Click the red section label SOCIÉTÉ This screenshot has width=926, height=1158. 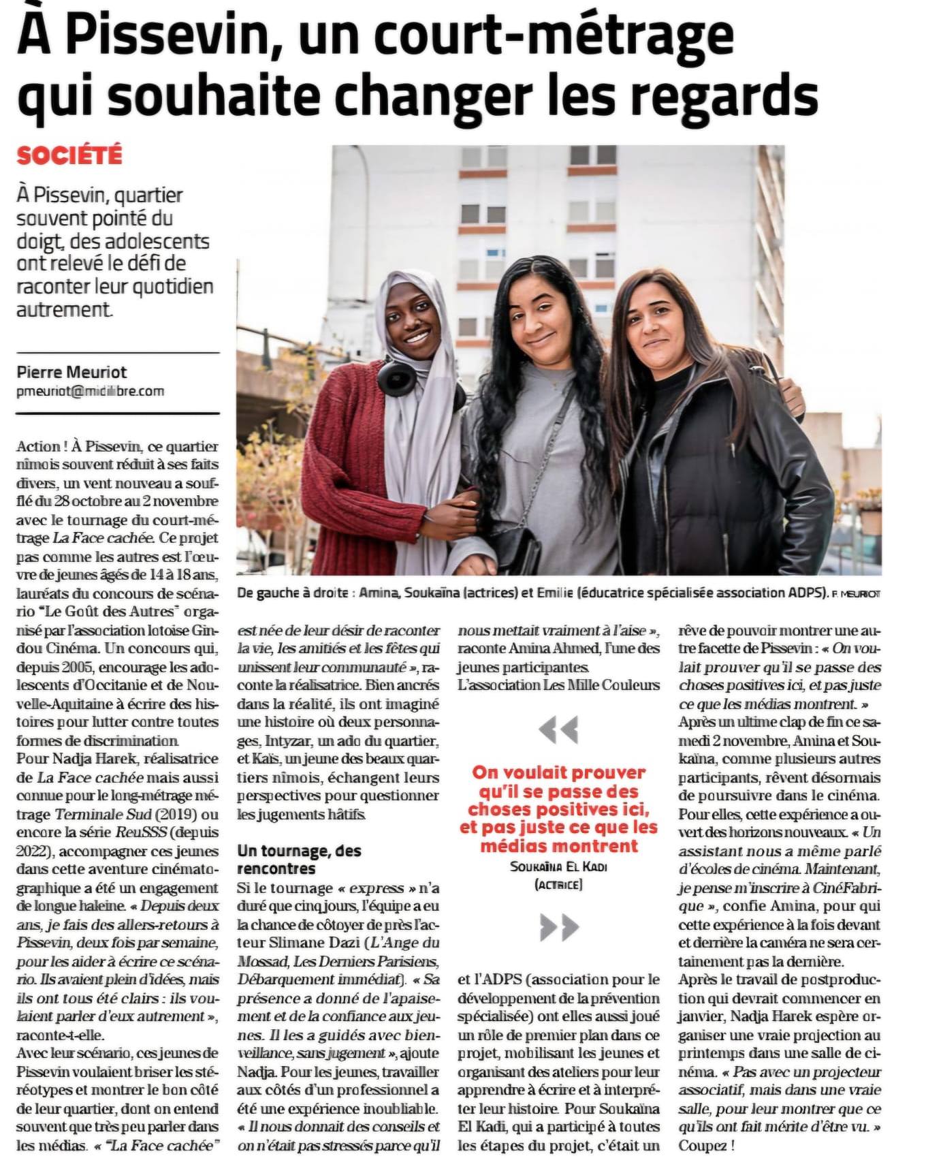point(69,155)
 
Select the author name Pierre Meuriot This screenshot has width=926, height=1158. point(71,372)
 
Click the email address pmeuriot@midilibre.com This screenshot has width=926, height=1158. point(90,391)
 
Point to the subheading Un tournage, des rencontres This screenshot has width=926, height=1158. point(300,860)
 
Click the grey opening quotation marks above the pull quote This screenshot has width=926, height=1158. point(558,730)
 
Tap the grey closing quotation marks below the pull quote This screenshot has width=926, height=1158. point(558,926)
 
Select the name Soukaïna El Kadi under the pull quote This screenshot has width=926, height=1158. point(558,866)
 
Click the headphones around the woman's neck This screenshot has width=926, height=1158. point(397,377)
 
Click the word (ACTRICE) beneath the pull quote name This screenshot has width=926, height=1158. point(558,885)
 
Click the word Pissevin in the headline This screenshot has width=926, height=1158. point(177,35)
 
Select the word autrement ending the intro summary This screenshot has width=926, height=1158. point(63,309)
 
